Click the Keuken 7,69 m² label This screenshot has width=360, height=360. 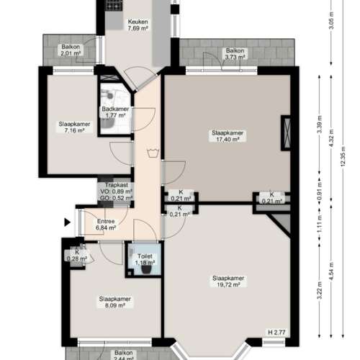click(138, 26)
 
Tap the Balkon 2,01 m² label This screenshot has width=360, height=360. click(71, 50)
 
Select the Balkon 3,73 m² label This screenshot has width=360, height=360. click(234, 54)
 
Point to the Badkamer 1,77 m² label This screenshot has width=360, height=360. click(115, 112)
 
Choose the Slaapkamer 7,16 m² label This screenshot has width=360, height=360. click(75, 127)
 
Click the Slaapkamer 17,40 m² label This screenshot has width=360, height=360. click(227, 136)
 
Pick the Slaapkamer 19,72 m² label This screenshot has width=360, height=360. click(227, 282)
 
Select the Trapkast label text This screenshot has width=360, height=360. click(116, 184)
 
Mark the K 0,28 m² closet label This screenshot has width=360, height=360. click(76, 255)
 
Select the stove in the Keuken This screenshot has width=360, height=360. click(114, 5)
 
